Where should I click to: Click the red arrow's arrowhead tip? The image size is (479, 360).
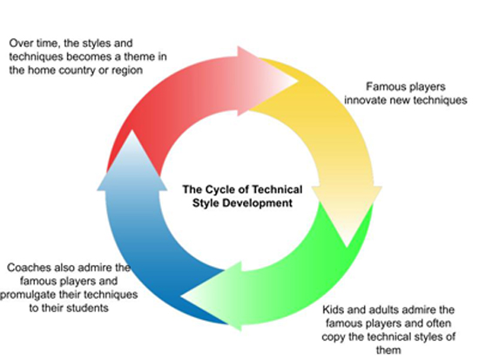point(298,82)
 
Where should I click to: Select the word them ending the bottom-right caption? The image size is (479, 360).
point(388,350)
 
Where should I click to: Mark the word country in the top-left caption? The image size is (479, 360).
point(77,71)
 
